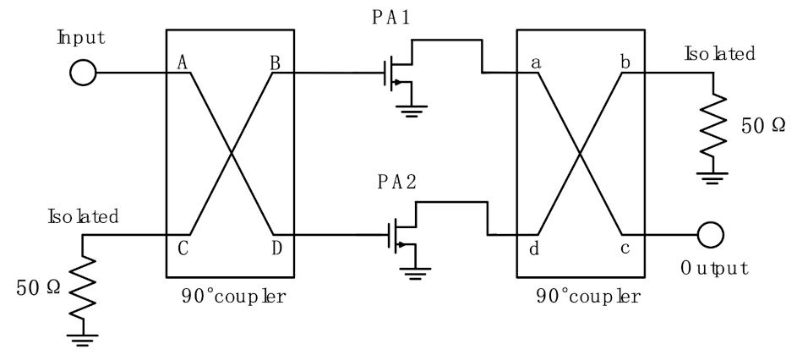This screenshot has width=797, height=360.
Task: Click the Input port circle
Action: (84, 73)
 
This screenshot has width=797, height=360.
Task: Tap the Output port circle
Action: (709, 234)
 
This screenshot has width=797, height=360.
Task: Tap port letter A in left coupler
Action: (181, 62)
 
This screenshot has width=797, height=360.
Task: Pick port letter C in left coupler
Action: (181, 248)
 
